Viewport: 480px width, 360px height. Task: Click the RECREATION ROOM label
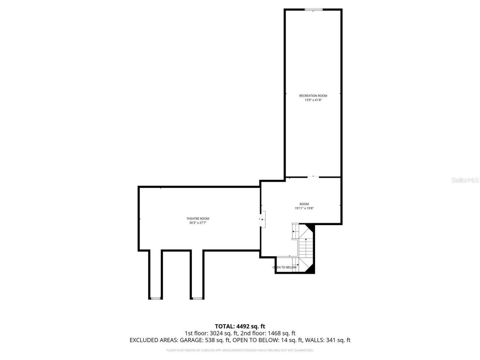click(x=313, y=96)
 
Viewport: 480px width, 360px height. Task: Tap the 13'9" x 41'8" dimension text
click(x=313, y=100)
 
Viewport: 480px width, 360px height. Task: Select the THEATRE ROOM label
click(x=198, y=219)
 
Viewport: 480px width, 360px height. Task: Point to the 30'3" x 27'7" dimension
click(x=198, y=223)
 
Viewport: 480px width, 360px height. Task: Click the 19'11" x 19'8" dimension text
click(x=304, y=208)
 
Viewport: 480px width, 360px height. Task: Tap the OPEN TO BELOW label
click(x=285, y=267)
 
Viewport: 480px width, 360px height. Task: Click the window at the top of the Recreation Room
click(x=313, y=10)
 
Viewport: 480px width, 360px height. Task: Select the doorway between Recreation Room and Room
click(x=313, y=177)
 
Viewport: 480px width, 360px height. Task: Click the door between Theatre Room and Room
click(x=263, y=219)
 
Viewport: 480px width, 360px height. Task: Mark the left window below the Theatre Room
click(x=155, y=298)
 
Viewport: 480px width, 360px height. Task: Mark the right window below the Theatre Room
click(x=197, y=298)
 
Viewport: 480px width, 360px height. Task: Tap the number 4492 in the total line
click(x=244, y=326)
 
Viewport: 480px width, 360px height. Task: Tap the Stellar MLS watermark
click(x=465, y=180)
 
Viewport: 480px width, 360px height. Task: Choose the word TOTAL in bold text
click(x=224, y=326)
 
